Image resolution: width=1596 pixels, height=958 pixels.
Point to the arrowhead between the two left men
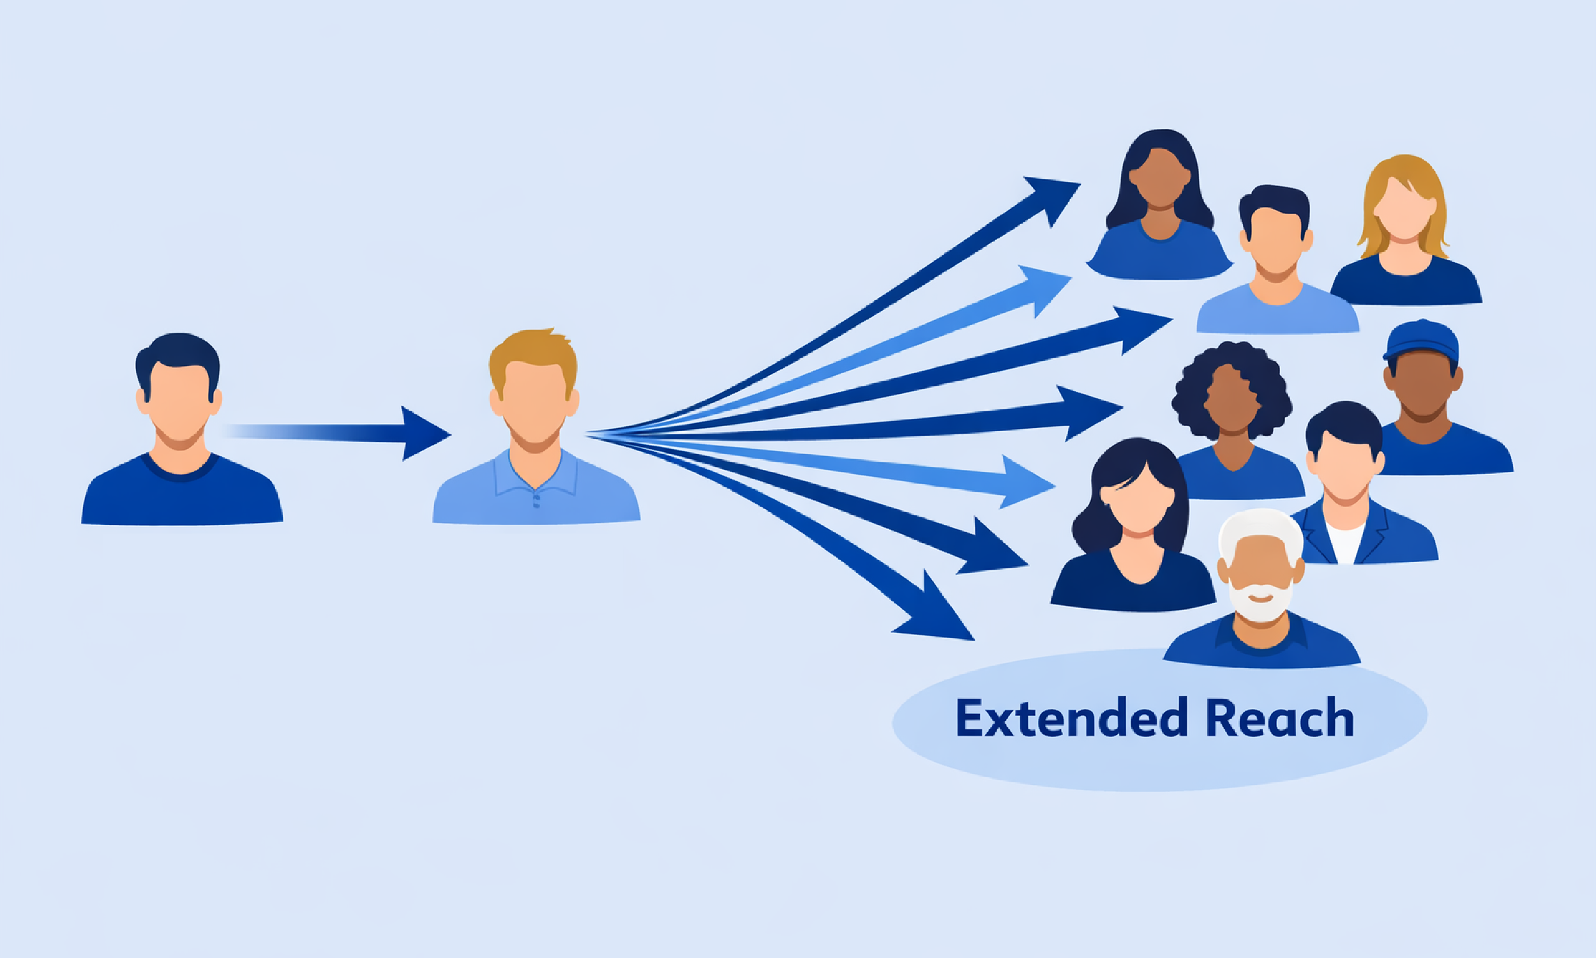pos(423,434)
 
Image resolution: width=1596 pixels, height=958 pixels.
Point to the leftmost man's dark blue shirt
pos(181,497)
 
